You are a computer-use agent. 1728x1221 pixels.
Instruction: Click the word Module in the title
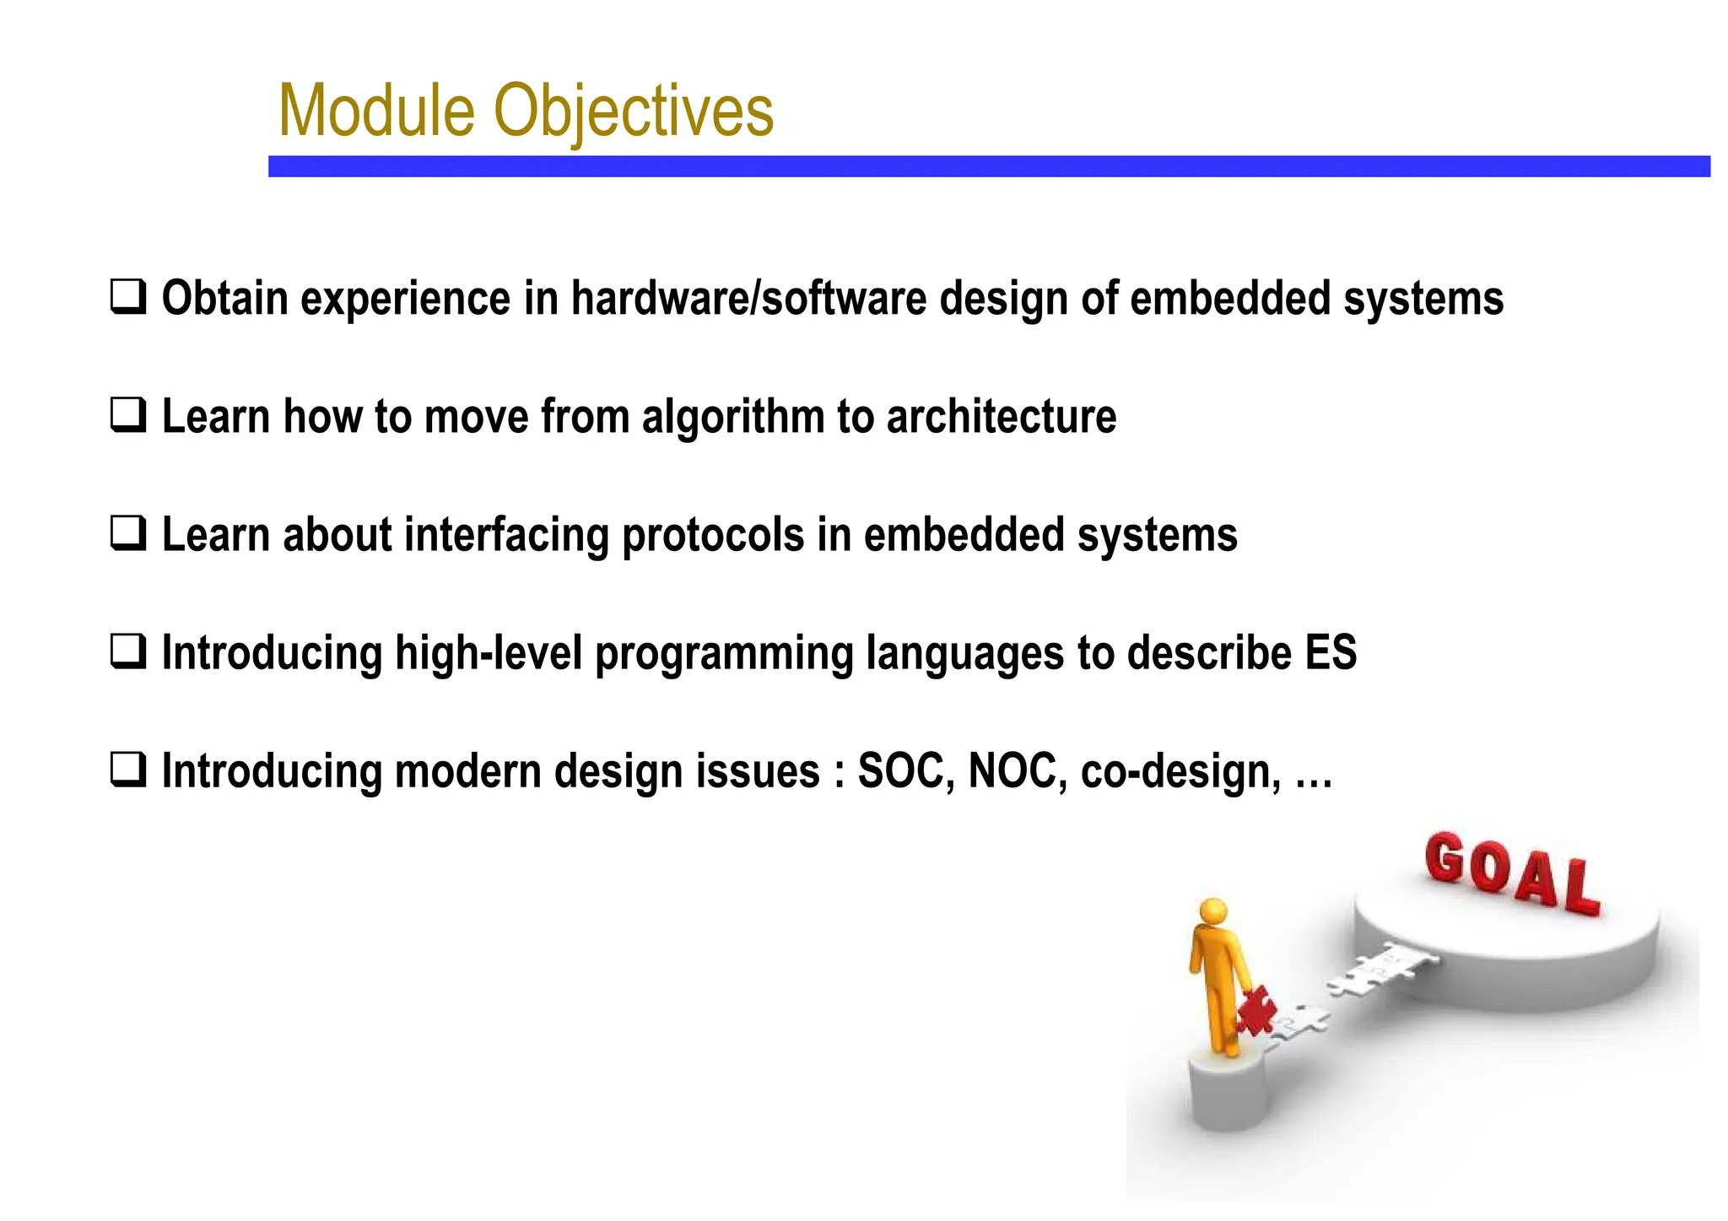[x=377, y=110]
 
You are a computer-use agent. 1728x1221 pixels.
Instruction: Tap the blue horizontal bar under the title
[x=989, y=166]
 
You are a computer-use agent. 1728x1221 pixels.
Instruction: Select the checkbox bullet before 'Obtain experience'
[x=128, y=298]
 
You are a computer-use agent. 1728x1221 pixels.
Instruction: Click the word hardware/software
[x=748, y=299]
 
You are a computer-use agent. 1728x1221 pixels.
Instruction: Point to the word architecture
[x=1002, y=416]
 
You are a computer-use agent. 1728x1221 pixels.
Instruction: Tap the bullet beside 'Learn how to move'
[x=128, y=416]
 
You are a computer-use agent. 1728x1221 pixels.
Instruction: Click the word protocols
[x=713, y=536]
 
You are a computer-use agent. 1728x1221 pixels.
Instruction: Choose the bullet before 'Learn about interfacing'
[x=128, y=534]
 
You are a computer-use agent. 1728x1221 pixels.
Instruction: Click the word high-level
[x=489, y=654]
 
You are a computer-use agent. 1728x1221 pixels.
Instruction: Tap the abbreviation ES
[x=1331, y=653]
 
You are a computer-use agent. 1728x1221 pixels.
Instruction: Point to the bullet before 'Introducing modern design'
[x=128, y=770]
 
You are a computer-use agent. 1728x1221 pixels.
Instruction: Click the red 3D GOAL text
[x=1512, y=873]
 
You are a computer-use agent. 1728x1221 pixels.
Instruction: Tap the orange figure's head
[x=1213, y=911]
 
